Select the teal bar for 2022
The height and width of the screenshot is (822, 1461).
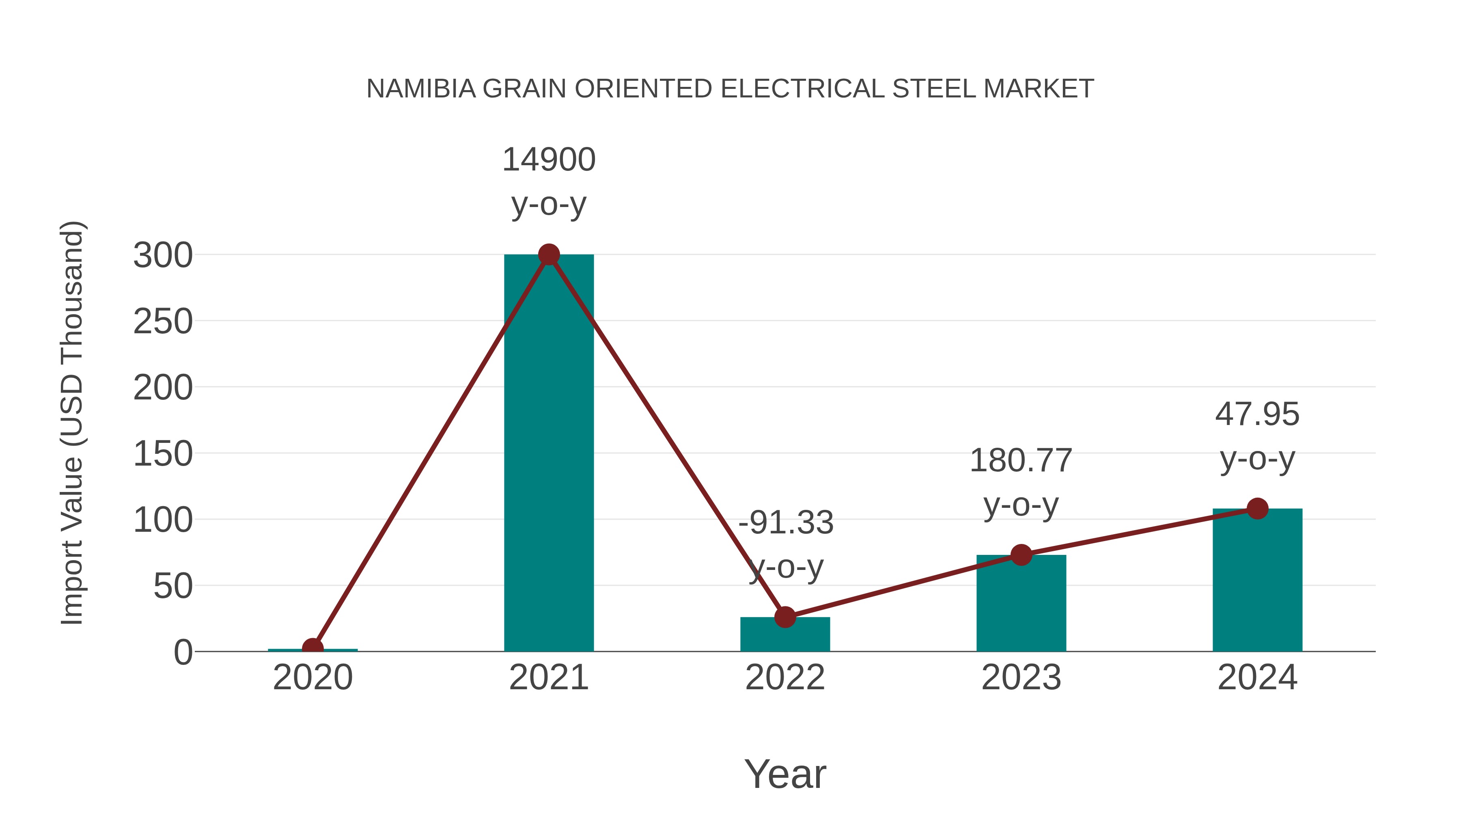pyautogui.click(x=785, y=635)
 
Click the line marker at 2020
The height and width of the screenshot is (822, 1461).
pyautogui.click(x=312, y=648)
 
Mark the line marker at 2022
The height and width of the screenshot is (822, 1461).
pyautogui.click(x=785, y=617)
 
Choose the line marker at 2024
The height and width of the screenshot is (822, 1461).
pyautogui.click(x=1257, y=508)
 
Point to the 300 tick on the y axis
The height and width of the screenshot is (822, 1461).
pyautogui.click(x=163, y=255)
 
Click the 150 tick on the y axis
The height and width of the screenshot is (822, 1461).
pyautogui.click(x=163, y=454)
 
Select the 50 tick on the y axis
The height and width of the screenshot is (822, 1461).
pyautogui.click(x=172, y=586)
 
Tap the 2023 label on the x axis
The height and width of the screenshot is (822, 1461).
pyautogui.click(x=1021, y=677)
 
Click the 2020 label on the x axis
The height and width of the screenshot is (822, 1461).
pyautogui.click(x=312, y=677)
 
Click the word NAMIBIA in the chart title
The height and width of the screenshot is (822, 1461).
pyautogui.click(x=421, y=88)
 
